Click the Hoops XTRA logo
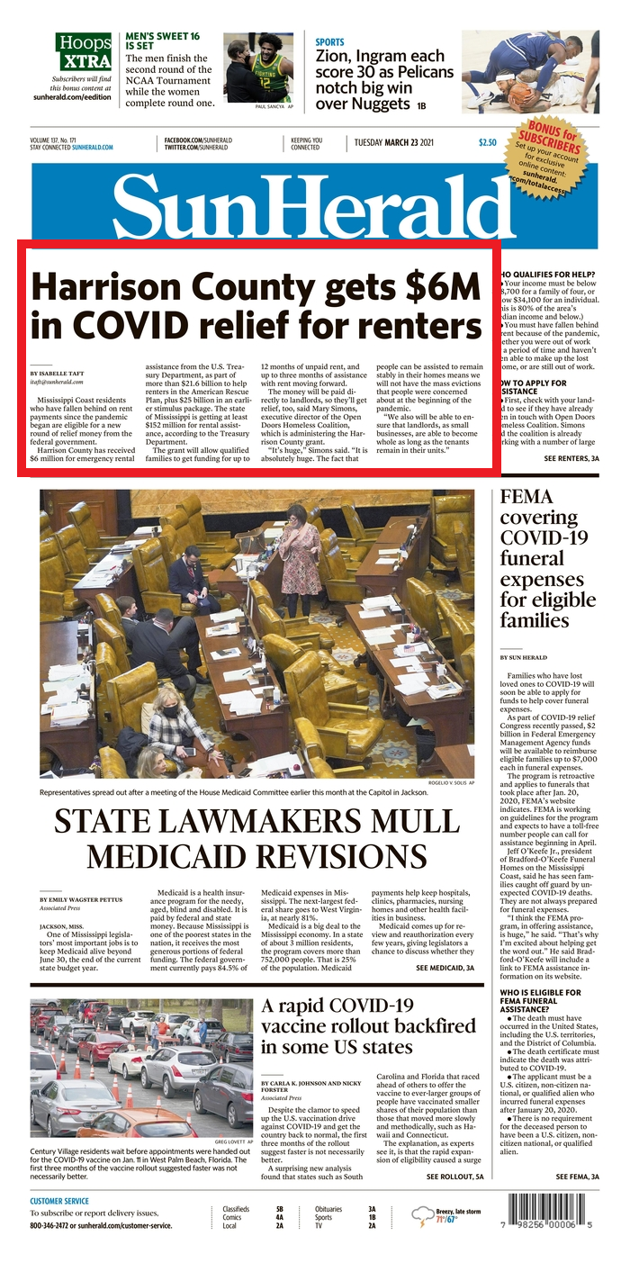click(84, 52)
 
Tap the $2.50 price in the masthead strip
click(487, 142)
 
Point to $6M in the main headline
click(443, 286)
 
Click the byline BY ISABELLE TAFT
click(61, 373)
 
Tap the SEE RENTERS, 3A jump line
click(571, 459)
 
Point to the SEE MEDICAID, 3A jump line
click(445, 968)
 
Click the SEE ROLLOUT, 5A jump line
click(454, 1176)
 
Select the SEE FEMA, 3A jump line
click(577, 1176)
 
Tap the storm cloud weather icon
click(421, 1217)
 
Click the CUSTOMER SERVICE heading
click(59, 1201)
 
